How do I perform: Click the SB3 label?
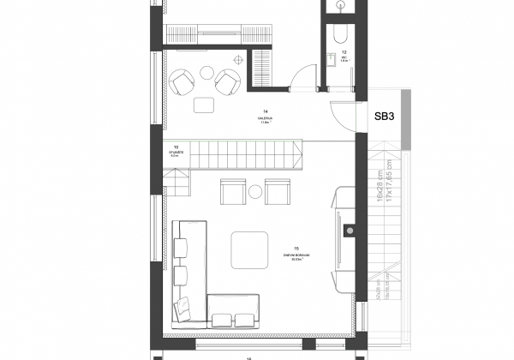tap(384, 116)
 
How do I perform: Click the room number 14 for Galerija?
tap(266, 111)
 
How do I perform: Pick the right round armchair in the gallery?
tap(228, 82)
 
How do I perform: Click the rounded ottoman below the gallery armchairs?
tap(205, 105)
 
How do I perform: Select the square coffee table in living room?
tap(248, 249)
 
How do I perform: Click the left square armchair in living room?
tap(233, 191)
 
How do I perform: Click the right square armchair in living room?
tap(278, 191)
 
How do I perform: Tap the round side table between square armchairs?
tap(255, 193)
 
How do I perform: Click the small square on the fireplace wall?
tap(348, 230)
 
